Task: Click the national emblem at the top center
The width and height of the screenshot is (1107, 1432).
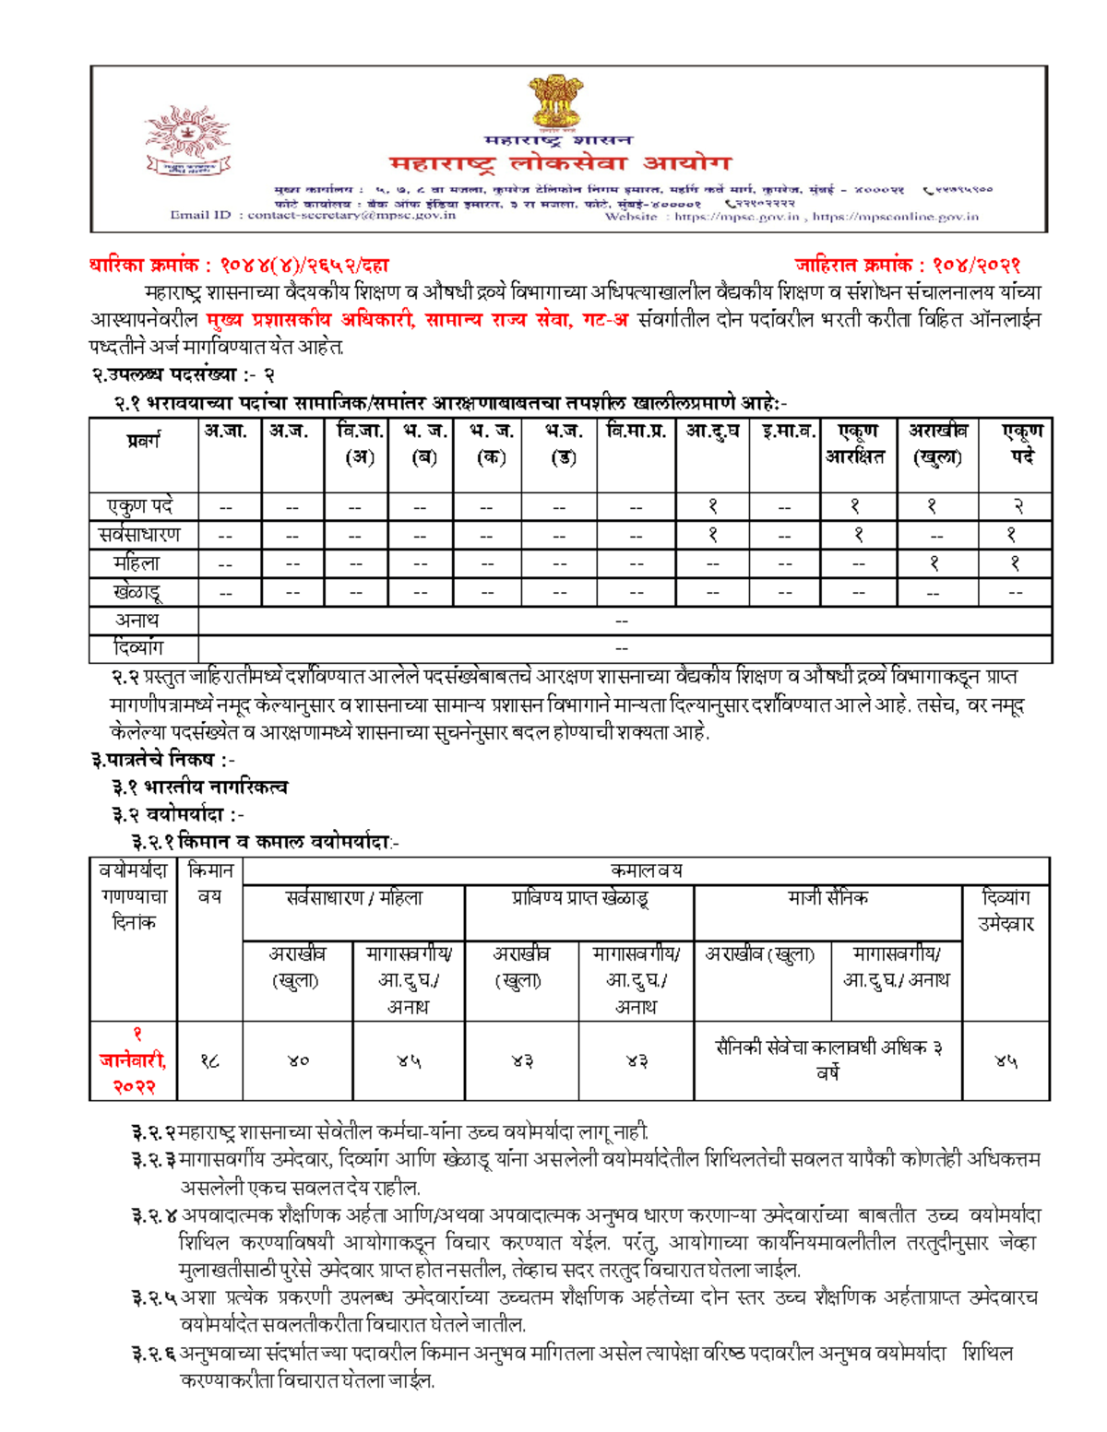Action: click(554, 103)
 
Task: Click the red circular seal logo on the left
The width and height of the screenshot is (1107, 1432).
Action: click(188, 140)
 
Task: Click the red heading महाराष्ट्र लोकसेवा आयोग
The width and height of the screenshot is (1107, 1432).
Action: click(559, 164)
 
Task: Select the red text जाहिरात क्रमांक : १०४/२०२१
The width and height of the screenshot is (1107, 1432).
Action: click(907, 266)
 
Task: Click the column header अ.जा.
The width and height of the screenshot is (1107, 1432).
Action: click(226, 431)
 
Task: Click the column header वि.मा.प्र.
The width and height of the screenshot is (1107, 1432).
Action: click(636, 431)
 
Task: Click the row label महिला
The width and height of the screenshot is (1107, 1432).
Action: click(137, 563)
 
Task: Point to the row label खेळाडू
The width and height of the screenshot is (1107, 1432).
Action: click(137, 592)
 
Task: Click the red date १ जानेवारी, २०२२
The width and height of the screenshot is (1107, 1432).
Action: click(135, 1060)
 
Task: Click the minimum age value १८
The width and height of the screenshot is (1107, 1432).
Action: click(209, 1061)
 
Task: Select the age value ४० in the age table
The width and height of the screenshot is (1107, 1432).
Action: click(297, 1061)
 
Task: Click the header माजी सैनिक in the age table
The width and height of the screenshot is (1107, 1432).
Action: click(827, 897)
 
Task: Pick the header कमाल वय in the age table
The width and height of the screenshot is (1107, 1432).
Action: click(646, 870)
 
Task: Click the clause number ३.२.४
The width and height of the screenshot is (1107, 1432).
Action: click(154, 1216)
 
